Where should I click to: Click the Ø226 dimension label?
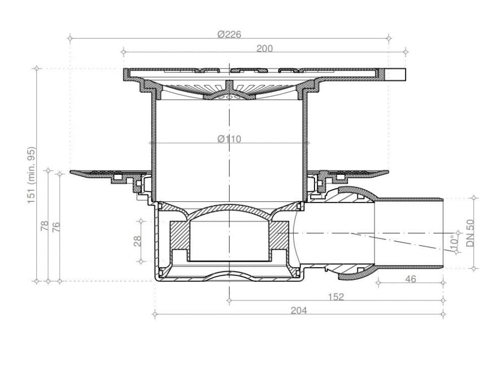click(230, 34)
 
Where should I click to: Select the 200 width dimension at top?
click(265, 48)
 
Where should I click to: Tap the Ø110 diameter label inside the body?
click(229, 139)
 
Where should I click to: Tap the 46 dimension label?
click(410, 279)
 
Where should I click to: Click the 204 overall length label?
click(299, 310)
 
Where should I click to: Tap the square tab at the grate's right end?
click(398, 74)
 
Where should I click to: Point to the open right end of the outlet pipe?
click(442, 233)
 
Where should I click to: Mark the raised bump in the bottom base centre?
click(229, 275)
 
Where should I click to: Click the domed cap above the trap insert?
click(230, 211)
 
